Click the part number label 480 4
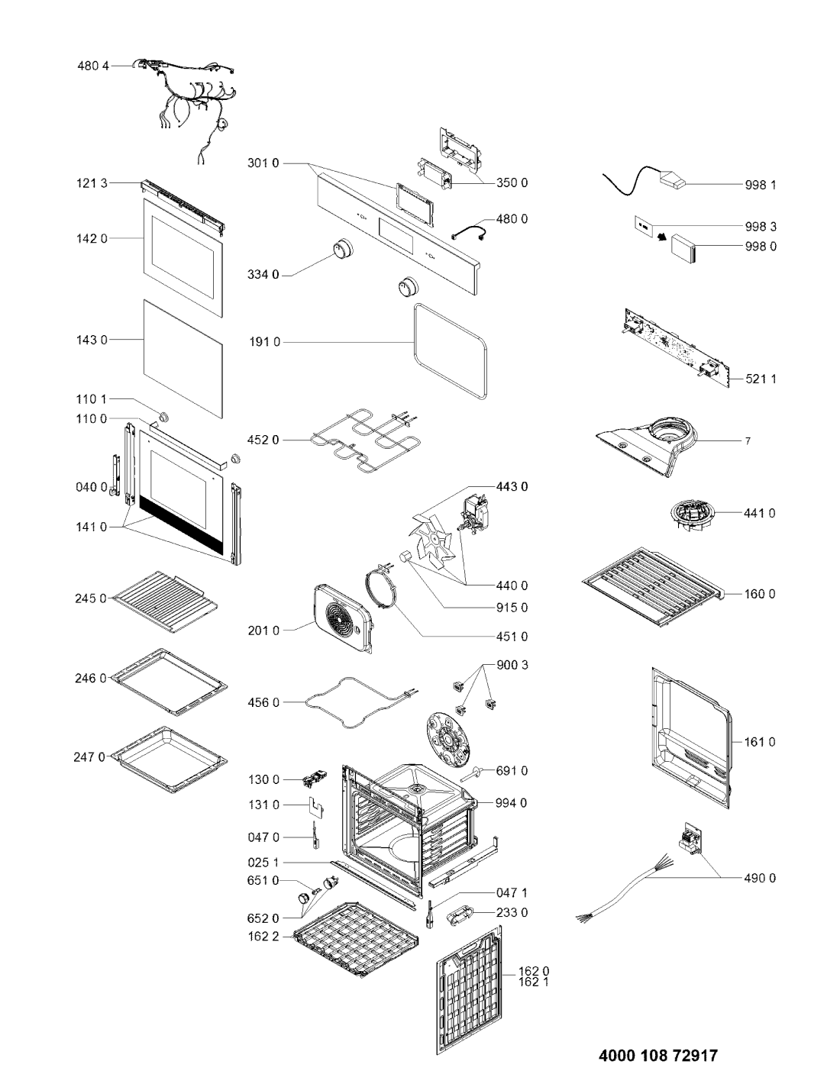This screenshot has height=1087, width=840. (x=93, y=66)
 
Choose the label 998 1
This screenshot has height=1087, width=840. (x=761, y=185)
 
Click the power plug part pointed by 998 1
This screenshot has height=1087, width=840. (x=673, y=179)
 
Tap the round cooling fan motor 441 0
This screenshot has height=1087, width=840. (x=692, y=517)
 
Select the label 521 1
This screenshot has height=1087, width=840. (x=761, y=379)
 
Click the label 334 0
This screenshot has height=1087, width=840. (x=263, y=275)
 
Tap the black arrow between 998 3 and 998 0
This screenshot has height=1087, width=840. (x=663, y=237)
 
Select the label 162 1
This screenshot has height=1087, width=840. (x=533, y=982)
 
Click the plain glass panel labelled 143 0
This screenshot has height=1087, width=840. (x=183, y=359)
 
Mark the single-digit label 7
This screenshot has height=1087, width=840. (x=748, y=441)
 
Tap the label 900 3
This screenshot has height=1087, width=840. (x=512, y=666)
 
